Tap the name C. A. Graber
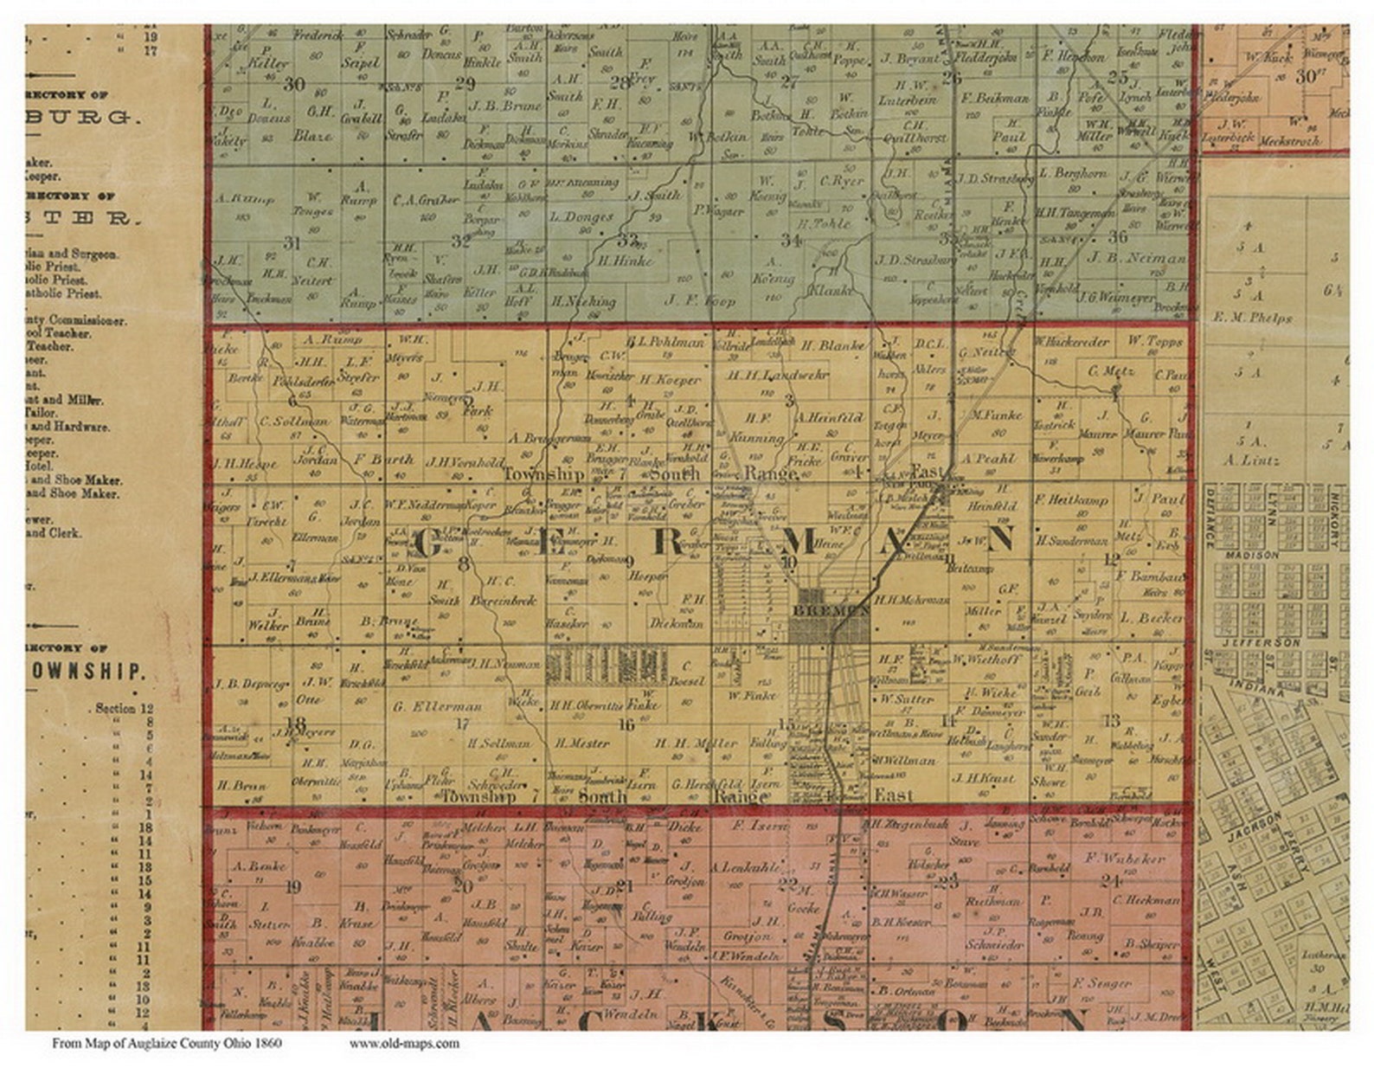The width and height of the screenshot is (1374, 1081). pyautogui.click(x=425, y=200)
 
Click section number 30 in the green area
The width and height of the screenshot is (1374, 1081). pyautogui.click(x=294, y=84)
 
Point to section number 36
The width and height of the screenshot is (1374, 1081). pyautogui.click(x=1117, y=236)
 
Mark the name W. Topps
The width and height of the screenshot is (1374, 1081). pyautogui.click(x=1154, y=341)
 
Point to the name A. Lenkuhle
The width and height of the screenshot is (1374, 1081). pyautogui.click(x=740, y=866)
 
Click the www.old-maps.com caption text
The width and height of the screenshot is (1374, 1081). pyautogui.click(x=404, y=1043)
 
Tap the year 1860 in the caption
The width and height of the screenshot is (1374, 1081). pyautogui.click(x=267, y=1043)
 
